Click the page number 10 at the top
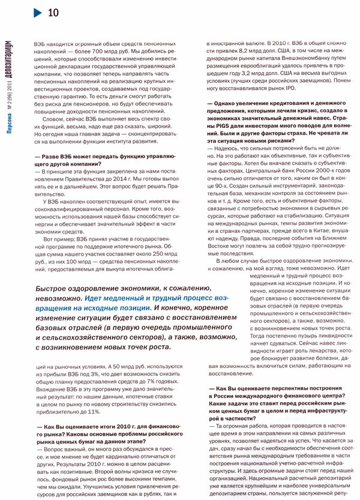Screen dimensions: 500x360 pos(52,12)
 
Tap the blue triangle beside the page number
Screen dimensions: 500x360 pos(37,12)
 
